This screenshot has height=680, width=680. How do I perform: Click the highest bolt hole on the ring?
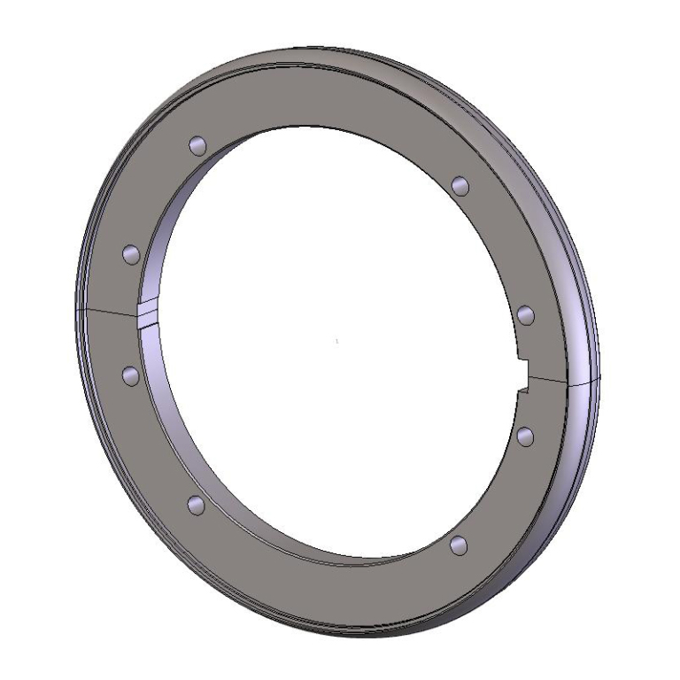197,144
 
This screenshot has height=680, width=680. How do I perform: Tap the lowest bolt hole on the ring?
458,545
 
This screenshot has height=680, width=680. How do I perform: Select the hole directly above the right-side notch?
524,314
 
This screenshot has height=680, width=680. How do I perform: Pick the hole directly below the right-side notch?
524,435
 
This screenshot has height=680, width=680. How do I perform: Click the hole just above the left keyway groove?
130,255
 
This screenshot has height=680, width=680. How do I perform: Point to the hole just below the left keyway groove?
130,376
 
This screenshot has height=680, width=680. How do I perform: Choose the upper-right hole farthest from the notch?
459,185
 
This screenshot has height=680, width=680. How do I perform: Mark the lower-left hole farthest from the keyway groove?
197,505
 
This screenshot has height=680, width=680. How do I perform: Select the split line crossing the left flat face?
111,311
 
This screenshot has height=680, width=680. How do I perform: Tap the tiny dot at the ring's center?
337,341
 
